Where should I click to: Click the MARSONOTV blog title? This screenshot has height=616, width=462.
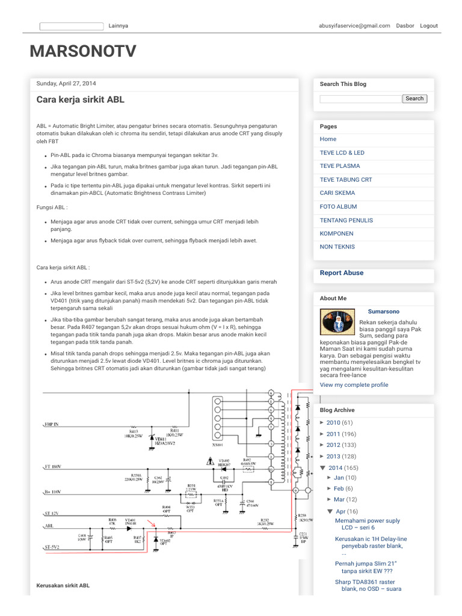(x=83, y=52)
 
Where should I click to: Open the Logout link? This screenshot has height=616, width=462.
(x=429, y=26)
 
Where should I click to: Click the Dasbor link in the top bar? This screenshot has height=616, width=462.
(x=405, y=26)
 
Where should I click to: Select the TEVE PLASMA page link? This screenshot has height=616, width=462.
(x=340, y=166)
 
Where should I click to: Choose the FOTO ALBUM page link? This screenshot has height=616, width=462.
(x=338, y=206)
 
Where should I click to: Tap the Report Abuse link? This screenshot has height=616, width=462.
(x=342, y=273)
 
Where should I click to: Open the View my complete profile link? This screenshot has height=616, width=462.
(x=354, y=384)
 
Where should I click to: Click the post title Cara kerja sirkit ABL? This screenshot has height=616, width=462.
(x=81, y=100)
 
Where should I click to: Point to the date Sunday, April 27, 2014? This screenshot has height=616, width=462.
(x=66, y=84)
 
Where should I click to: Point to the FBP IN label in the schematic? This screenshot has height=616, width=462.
(x=52, y=424)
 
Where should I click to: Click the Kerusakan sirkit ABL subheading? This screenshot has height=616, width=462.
(x=63, y=585)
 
